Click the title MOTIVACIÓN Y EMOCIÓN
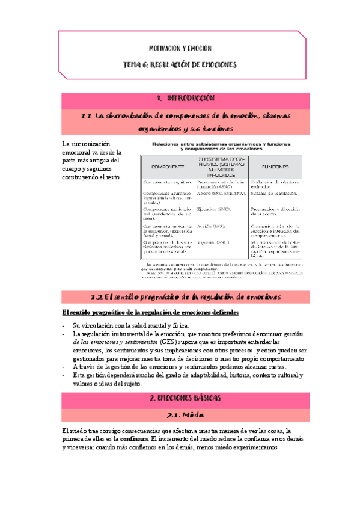pyautogui.click(x=180, y=48)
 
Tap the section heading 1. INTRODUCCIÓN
pyautogui.click(x=180, y=98)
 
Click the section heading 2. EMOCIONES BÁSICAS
pyautogui.click(x=180, y=398)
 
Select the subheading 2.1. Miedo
pyautogui.click(x=180, y=415)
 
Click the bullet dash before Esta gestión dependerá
pyautogui.click(x=64, y=375)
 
